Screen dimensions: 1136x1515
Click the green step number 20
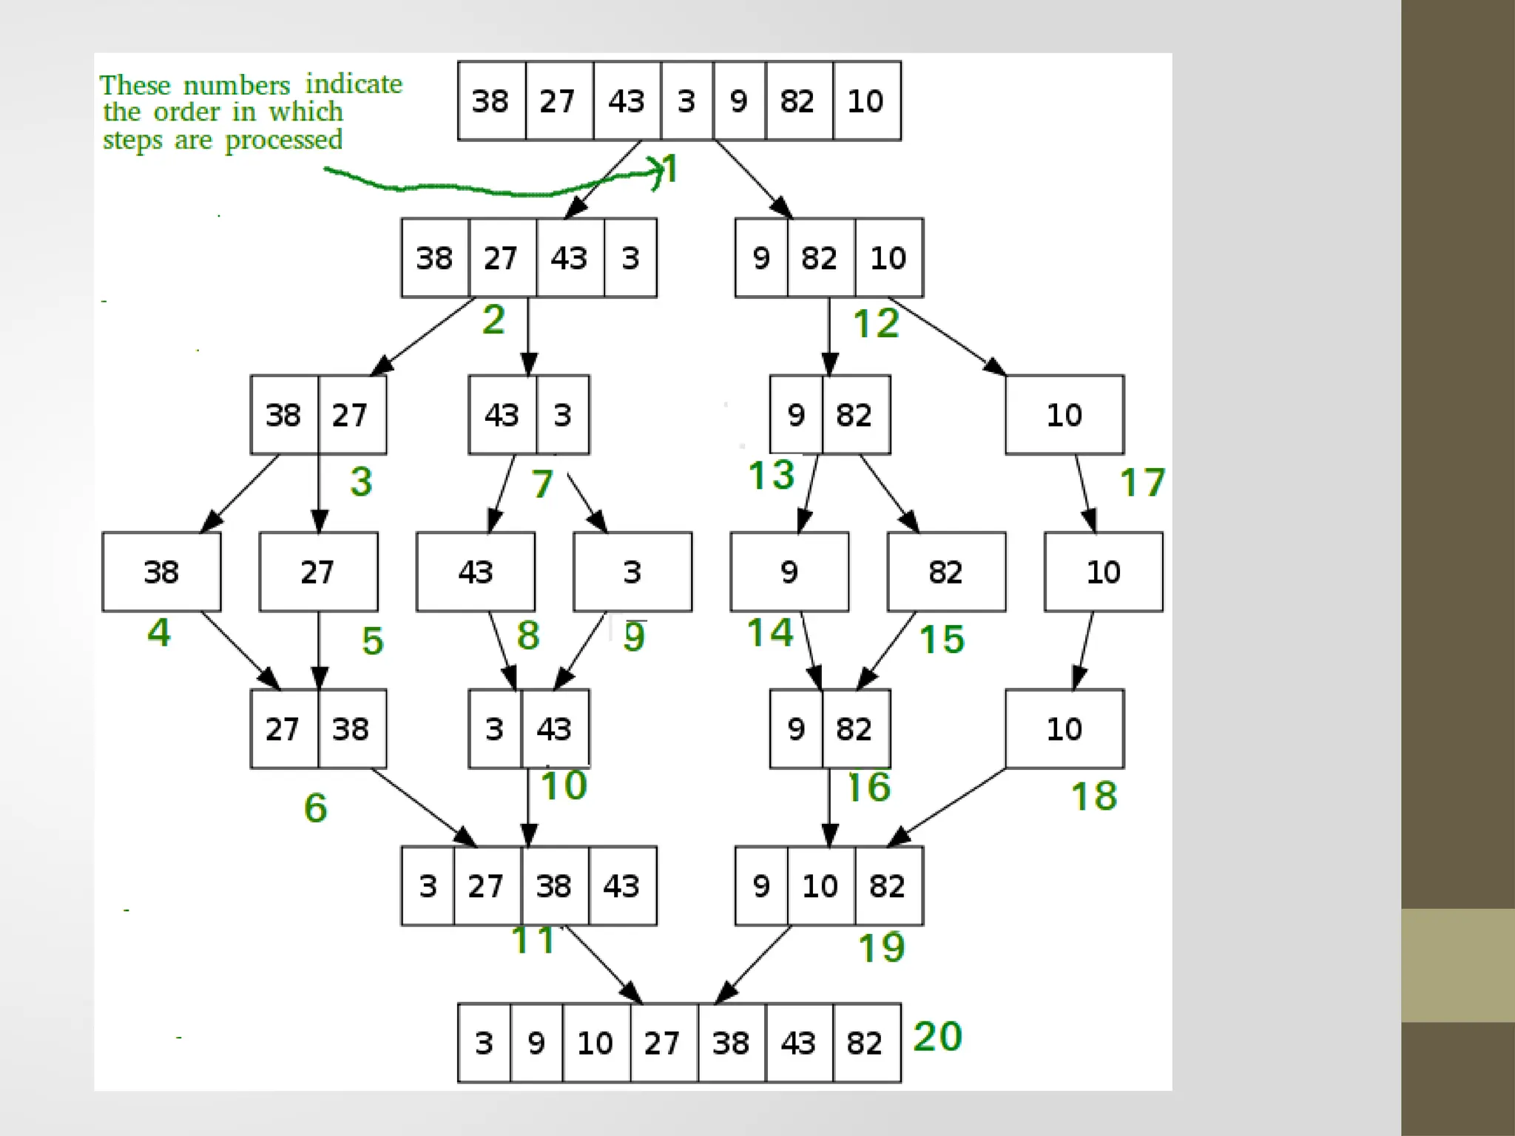pyautogui.click(x=937, y=1036)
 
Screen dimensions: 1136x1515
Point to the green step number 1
pyautogui.click(x=670, y=169)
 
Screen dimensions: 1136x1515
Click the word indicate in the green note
pyautogui.click(x=354, y=84)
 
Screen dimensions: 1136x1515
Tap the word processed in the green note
pyautogui.click(x=283, y=140)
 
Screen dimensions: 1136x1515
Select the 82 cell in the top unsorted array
pyautogui.click(x=798, y=101)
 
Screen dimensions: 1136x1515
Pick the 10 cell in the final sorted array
pyautogui.click(x=595, y=1043)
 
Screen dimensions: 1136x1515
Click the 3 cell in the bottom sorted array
pyautogui.click(x=484, y=1043)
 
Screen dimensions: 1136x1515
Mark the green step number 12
pyautogui.click(x=876, y=323)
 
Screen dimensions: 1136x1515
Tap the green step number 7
pyautogui.click(x=542, y=484)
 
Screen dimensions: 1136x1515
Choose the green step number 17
pyautogui.click(x=1142, y=482)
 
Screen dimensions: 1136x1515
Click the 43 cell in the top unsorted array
pyautogui.click(x=627, y=101)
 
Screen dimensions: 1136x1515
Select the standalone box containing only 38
pyautogui.click(x=161, y=572)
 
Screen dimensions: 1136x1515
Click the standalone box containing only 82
pyautogui.click(x=946, y=572)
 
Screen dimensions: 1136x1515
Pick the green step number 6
pyautogui.click(x=315, y=807)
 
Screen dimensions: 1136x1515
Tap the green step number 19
pyautogui.click(x=881, y=947)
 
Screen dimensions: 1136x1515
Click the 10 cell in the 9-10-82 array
pyautogui.click(x=820, y=885)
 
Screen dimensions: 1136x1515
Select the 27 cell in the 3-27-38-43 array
pyautogui.click(x=486, y=885)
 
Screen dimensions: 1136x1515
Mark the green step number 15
pyautogui.click(x=942, y=639)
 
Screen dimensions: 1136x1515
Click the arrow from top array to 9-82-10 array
pyautogui.click(x=753, y=179)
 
